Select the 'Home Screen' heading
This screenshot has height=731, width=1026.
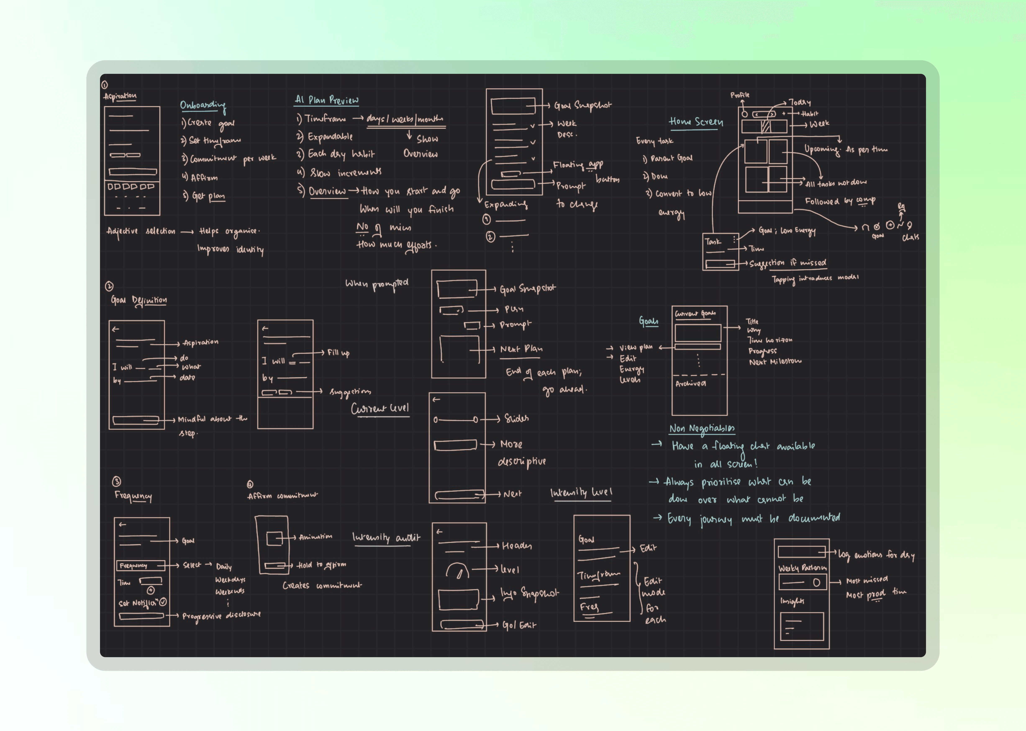pos(696,122)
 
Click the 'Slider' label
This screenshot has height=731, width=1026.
pos(516,419)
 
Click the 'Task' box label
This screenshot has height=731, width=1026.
pos(713,242)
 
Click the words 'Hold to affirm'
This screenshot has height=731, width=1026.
pos(321,565)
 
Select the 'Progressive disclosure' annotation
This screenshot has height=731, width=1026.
pos(221,615)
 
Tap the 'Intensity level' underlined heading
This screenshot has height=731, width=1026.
pos(581,492)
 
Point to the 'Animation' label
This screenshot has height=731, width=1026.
pos(315,537)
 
